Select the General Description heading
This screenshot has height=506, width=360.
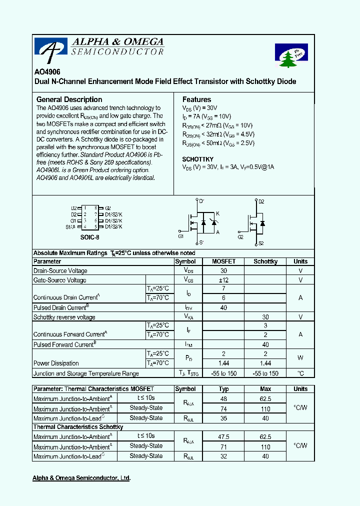click(69, 99)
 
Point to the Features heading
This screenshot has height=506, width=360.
click(196, 99)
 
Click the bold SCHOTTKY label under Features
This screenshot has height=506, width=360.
click(197, 159)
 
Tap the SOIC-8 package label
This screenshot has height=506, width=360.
click(90, 237)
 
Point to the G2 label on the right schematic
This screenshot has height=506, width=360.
click(240, 237)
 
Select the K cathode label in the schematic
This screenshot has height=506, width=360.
click(217, 213)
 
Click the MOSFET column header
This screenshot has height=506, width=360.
click(223, 261)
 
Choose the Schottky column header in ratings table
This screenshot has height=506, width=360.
click(265, 261)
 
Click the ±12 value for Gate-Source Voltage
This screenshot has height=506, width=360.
click(223, 280)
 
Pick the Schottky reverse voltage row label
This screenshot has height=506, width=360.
click(64, 317)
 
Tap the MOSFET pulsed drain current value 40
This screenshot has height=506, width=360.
click(223, 308)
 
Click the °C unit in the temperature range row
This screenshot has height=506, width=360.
click(300, 373)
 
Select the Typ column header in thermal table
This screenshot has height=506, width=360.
click(223, 389)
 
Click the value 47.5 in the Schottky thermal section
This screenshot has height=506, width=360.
click(223, 436)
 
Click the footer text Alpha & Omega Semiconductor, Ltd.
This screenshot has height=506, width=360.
click(81, 478)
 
